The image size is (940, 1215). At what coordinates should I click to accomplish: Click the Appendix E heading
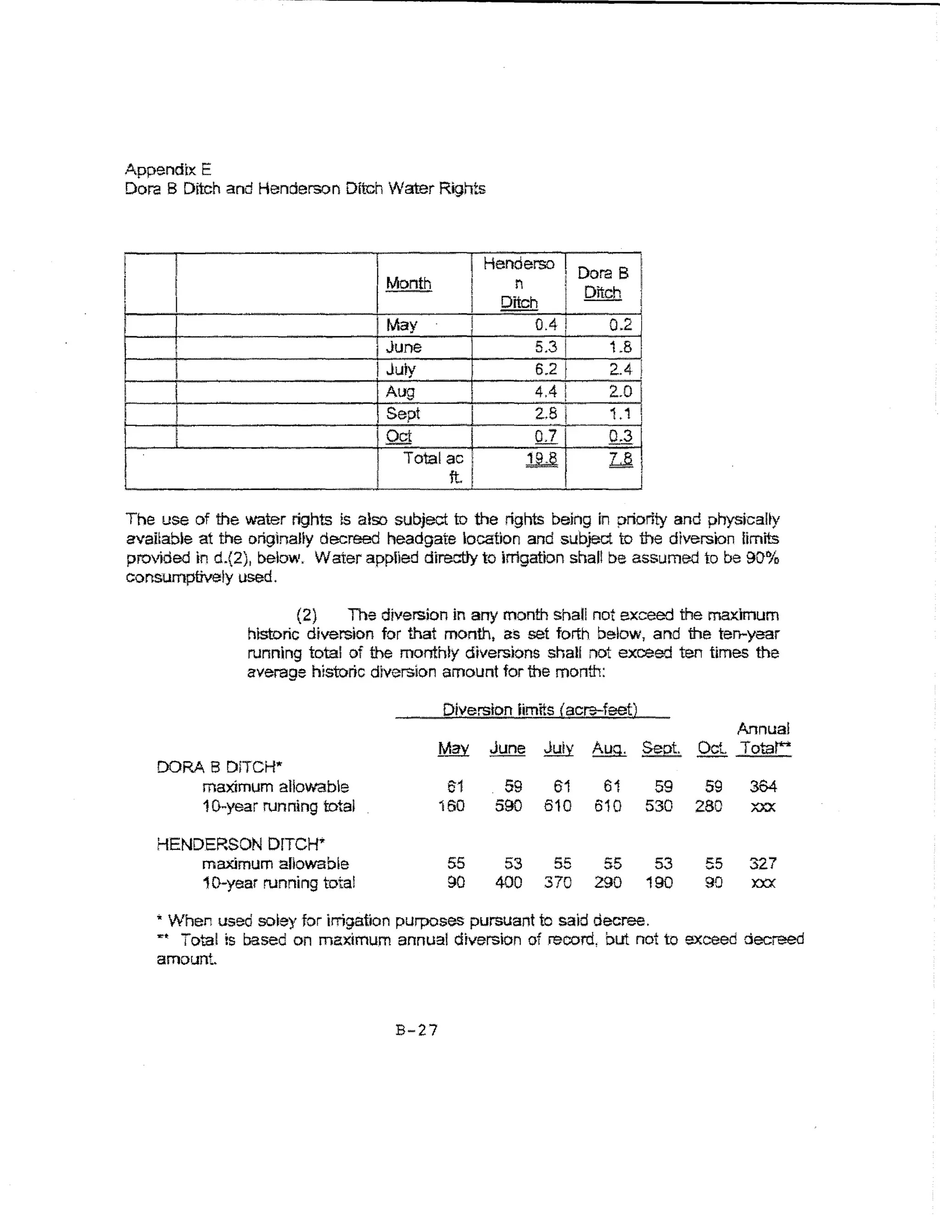[168, 169]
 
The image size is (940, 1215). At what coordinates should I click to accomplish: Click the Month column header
[408, 283]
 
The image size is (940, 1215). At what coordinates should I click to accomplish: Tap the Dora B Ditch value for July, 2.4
[620, 369]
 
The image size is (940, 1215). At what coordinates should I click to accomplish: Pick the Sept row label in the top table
[403, 413]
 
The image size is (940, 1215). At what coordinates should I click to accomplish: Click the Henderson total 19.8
[542, 458]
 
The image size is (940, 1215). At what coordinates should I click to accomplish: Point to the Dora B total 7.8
[621, 458]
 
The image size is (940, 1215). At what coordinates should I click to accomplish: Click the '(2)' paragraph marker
[307, 615]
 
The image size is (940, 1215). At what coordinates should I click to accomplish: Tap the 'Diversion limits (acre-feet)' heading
[539, 710]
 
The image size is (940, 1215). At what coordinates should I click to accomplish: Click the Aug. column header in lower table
[609, 748]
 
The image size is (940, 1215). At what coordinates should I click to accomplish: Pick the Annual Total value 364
[762, 786]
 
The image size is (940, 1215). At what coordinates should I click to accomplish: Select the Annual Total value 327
[762, 864]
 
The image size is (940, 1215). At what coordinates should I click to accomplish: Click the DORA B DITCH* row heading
[219, 767]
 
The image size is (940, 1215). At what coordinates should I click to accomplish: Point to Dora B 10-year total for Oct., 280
[709, 806]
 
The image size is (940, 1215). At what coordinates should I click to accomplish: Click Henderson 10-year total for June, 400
[508, 882]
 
